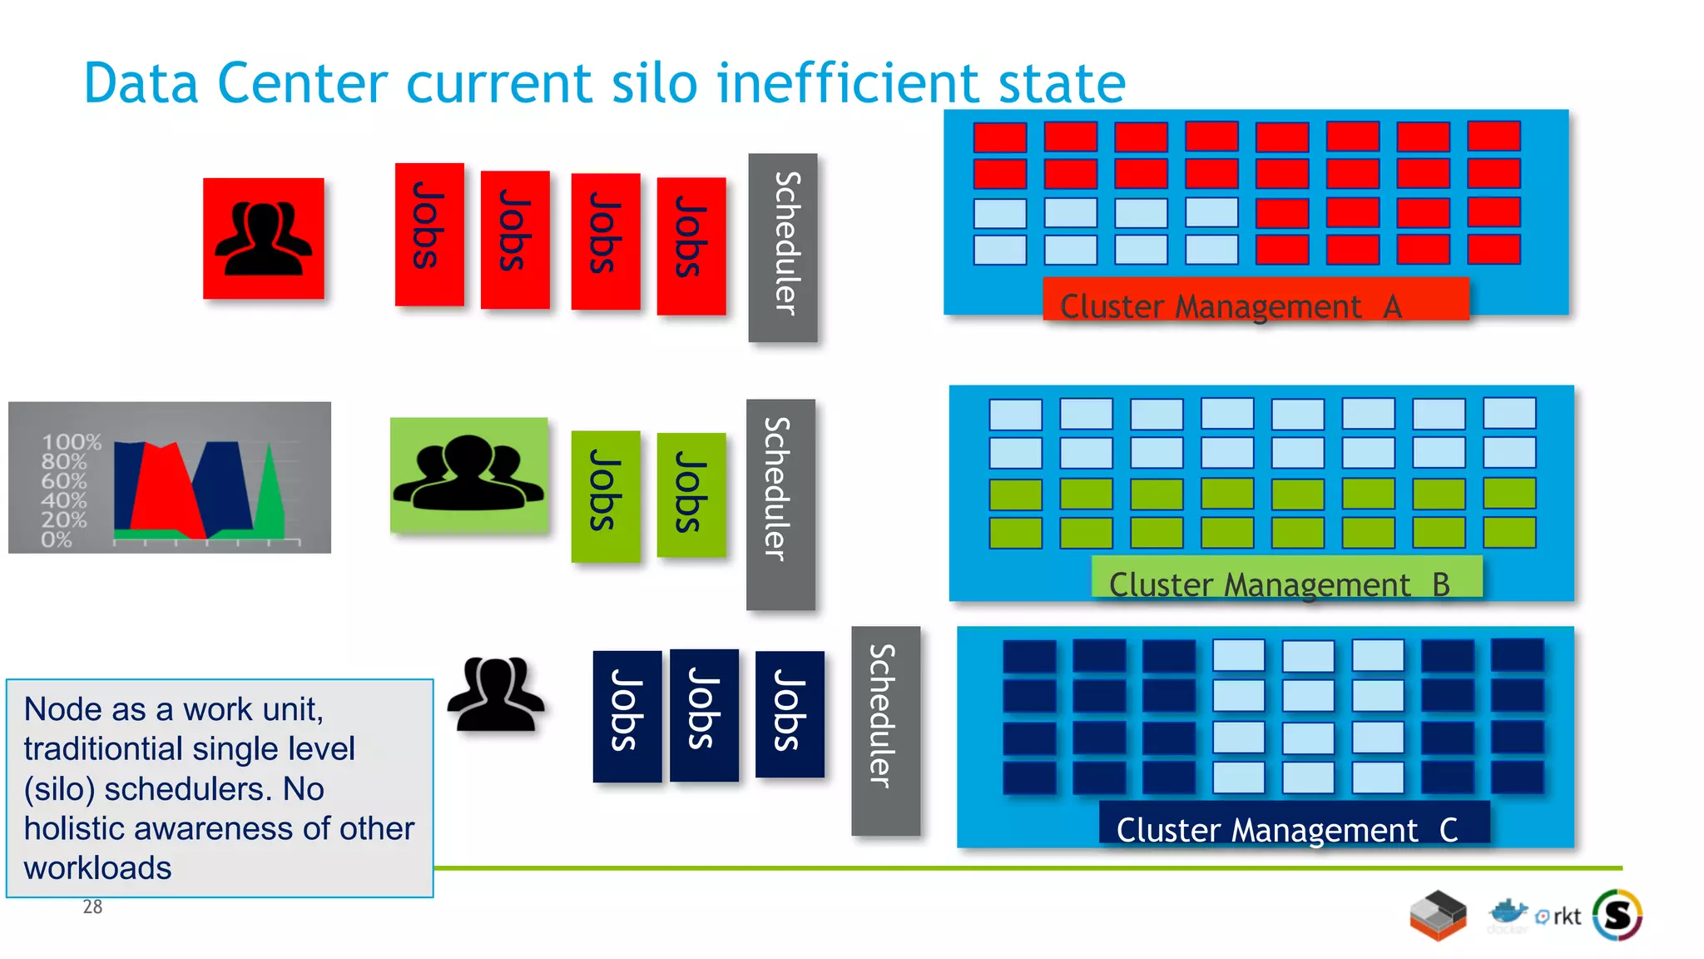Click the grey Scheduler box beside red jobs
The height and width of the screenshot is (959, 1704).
782,247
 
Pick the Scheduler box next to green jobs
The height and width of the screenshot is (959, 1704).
780,504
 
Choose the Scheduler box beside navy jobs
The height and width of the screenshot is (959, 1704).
884,730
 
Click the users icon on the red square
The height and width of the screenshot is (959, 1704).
263,238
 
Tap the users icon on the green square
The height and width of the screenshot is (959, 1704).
468,474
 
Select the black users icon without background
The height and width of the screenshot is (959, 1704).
496,694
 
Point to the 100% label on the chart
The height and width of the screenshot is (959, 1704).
72,442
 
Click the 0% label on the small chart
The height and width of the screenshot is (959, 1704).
57,539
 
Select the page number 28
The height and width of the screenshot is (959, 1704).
92,907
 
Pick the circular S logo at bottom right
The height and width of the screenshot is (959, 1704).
1617,915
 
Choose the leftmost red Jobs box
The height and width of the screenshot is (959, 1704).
428,235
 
